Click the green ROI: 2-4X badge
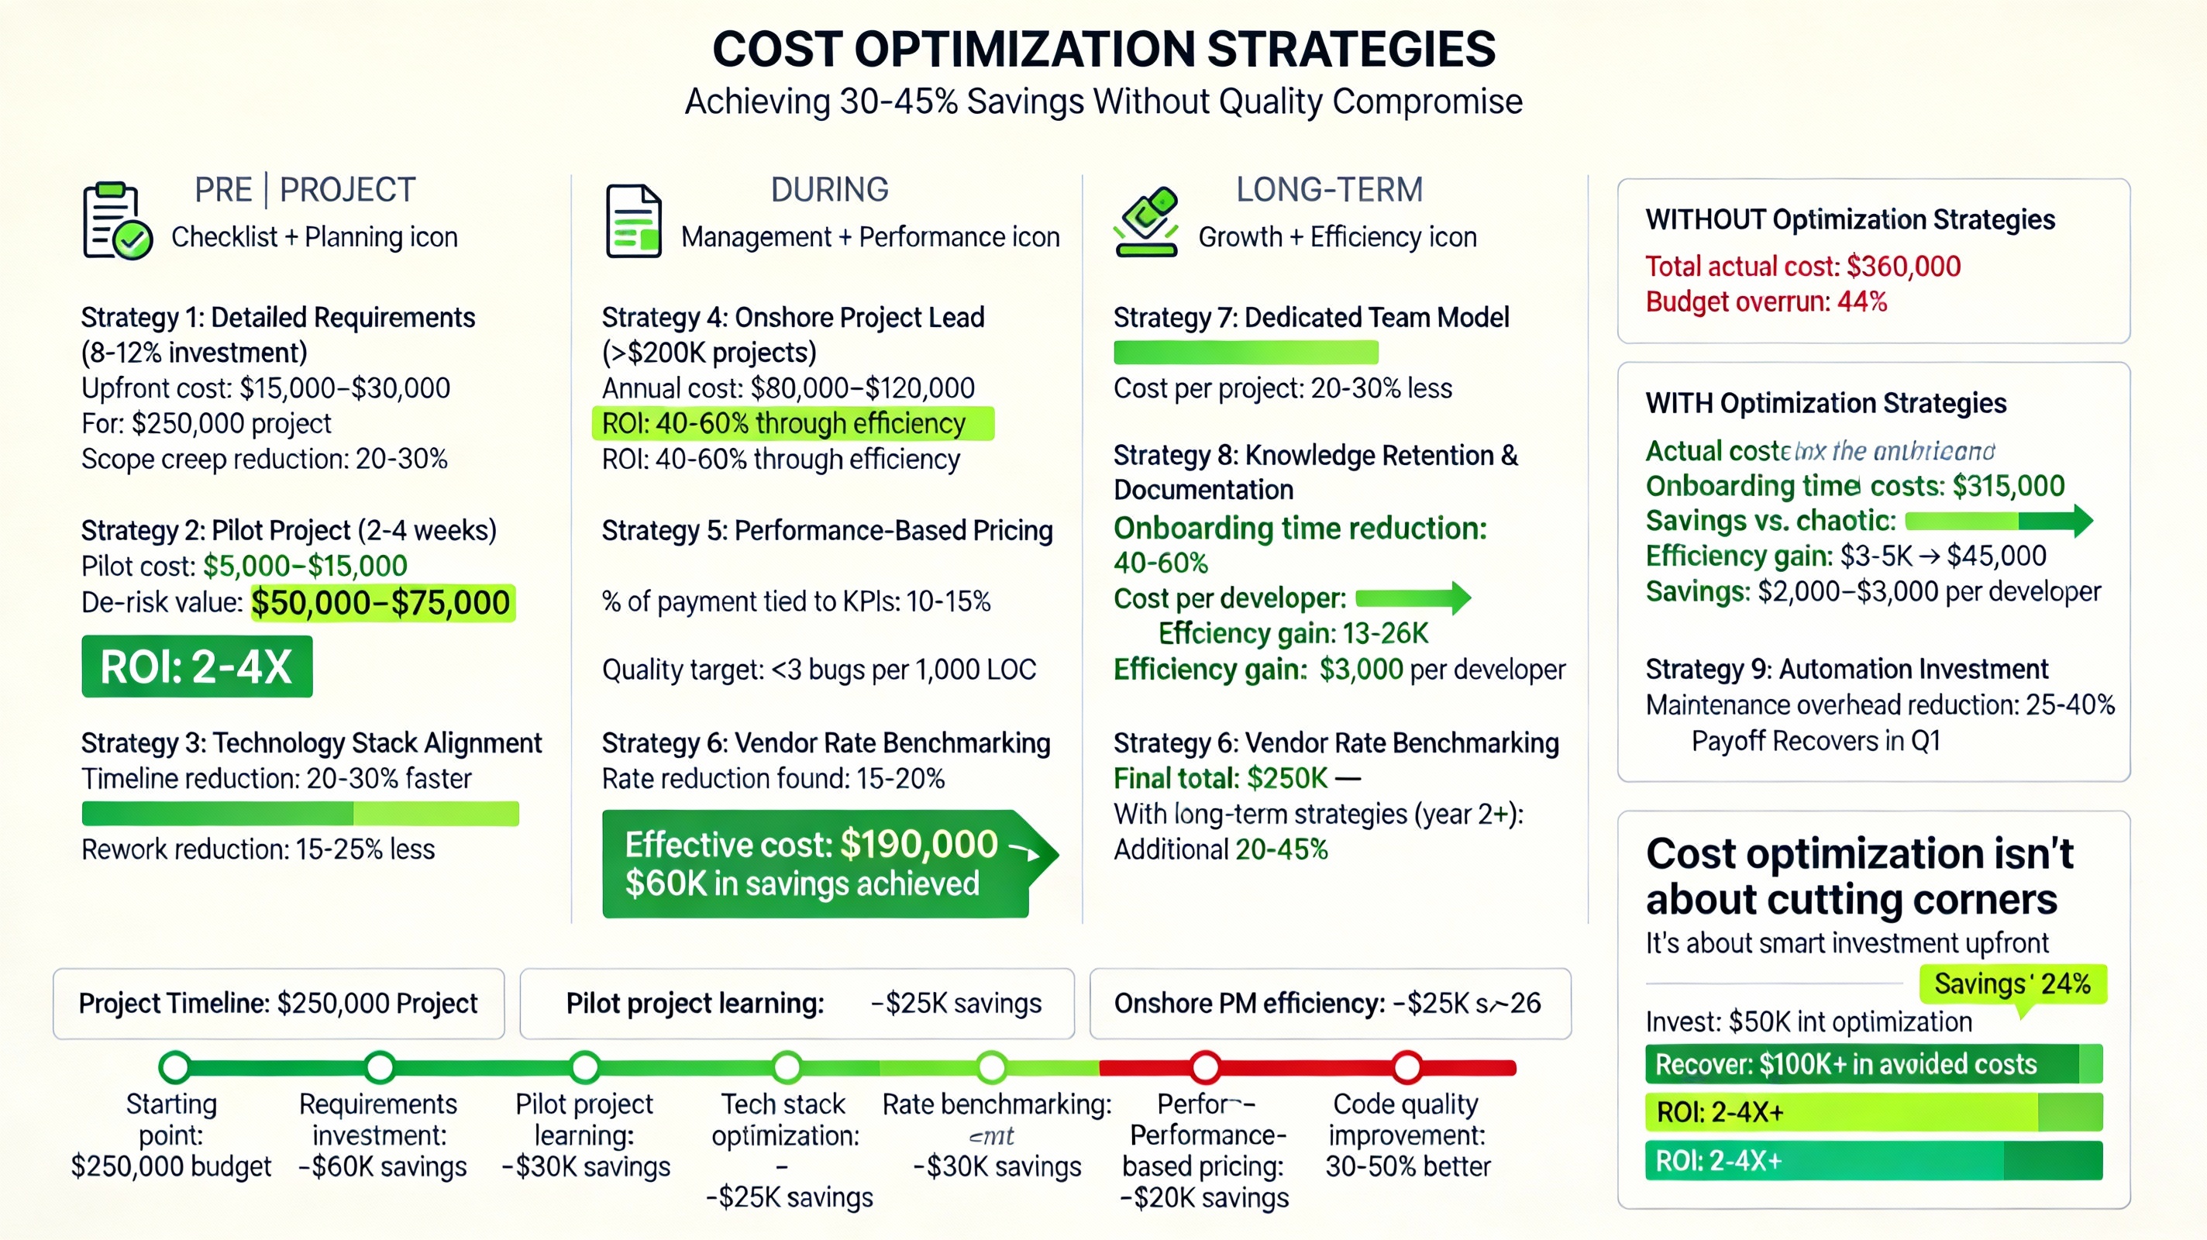[x=197, y=666]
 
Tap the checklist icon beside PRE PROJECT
[x=116, y=220]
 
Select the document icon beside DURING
[x=633, y=221]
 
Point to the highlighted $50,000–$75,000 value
[x=382, y=602]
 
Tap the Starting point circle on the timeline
[x=175, y=1068]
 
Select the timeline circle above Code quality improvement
[x=1406, y=1068]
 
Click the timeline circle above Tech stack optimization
[x=787, y=1068]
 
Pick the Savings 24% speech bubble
[x=2012, y=984]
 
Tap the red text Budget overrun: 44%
[x=1766, y=301]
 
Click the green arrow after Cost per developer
[x=1413, y=598]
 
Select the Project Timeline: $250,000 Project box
[x=278, y=1004]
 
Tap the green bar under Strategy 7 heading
[x=1246, y=352]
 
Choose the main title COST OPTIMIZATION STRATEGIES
[x=1103, y=49]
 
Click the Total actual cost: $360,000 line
[x=1802, y=267]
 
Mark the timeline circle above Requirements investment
[x=380, y=1068]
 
